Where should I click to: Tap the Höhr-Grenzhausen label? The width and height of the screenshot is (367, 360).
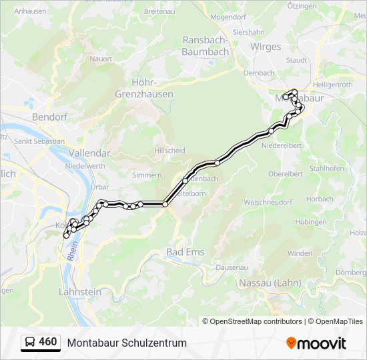pos(153,88)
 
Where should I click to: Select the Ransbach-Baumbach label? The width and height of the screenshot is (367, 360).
pos(207,45)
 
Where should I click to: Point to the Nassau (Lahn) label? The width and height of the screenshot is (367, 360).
pos(270,283)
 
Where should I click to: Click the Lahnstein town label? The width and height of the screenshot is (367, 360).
pos(80,291)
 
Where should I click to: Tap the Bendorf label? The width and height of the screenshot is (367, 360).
pos(49,117)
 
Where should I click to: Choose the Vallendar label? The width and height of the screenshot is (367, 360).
pos(89,153)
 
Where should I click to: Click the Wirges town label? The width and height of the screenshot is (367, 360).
pos(266,47)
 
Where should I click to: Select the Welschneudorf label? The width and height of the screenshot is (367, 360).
pos(269,201)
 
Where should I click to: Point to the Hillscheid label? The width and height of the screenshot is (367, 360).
pos(169,151)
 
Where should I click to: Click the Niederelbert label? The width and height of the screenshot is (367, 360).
pos(284,145)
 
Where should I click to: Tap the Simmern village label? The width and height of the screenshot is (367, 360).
pos(147,175)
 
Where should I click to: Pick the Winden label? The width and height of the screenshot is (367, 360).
pos(300,253)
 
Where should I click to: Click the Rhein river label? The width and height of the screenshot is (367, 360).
pos(72,251)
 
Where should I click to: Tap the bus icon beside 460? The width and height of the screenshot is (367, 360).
pos(30,342)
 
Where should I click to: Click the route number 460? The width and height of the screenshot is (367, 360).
pos(48,342)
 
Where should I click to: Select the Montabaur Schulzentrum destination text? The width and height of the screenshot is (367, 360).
pos(127,343)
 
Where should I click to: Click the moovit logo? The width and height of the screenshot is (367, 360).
pos(316,343)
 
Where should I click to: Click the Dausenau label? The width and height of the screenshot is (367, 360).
pos(232,267)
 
